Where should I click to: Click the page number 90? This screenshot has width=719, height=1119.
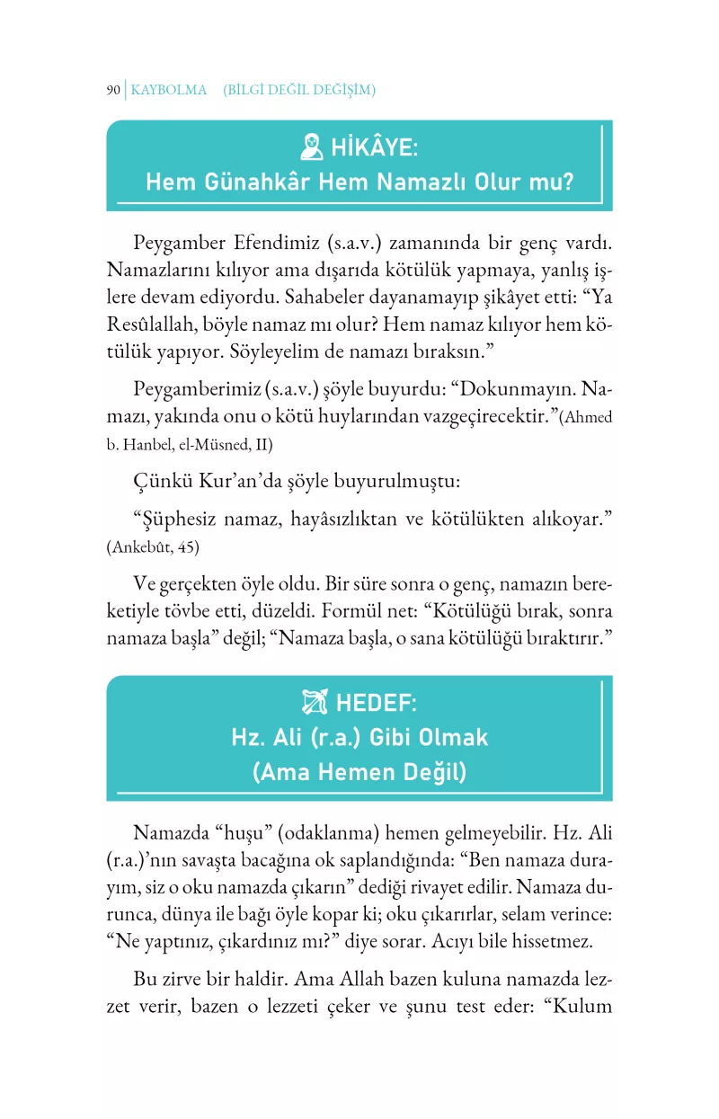click(x=112, y=90)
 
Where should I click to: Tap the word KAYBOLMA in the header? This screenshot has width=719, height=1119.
click(x=169, y=90)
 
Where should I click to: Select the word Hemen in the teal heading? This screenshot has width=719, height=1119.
click(x=359, y=772)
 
